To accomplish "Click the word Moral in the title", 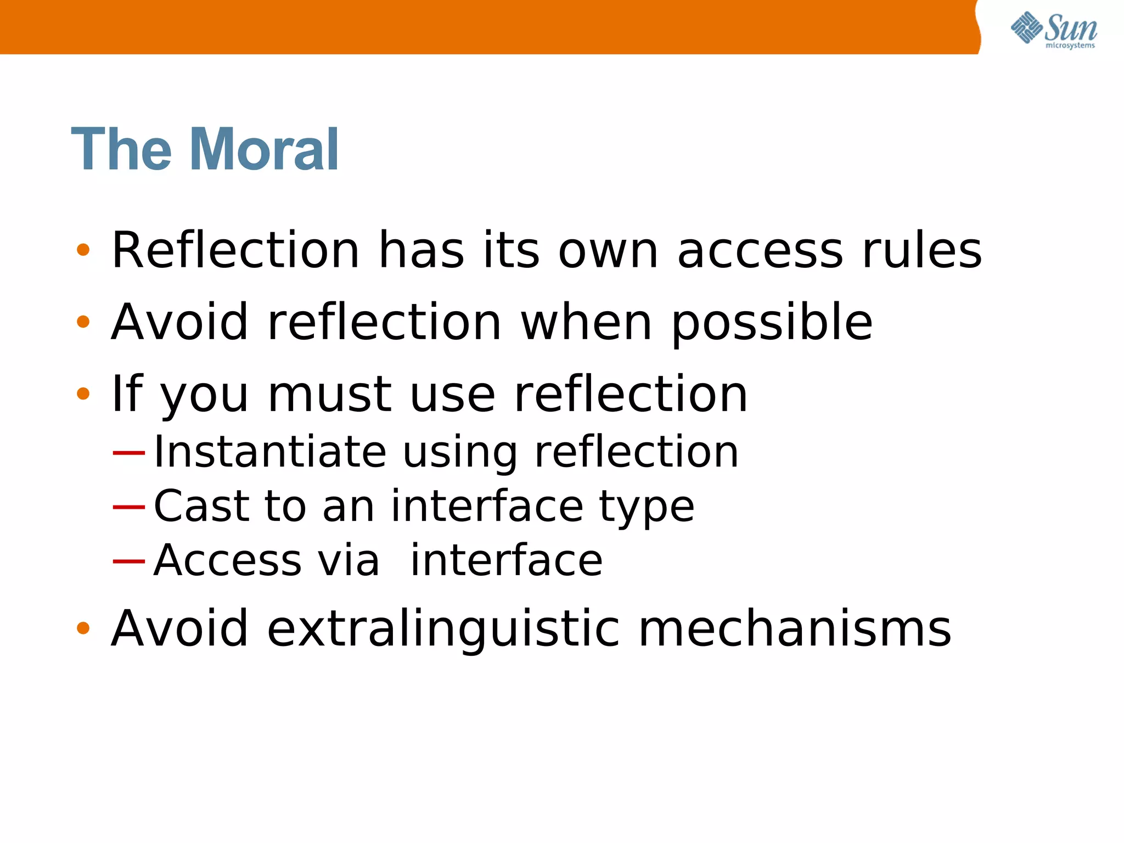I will click(265, 149).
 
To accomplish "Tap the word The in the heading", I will click(121, 149).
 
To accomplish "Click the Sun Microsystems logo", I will click(1053, 30).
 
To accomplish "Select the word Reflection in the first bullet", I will click(235, 250).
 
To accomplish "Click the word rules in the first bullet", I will click(921, 250).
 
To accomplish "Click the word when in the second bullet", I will click(586, 323).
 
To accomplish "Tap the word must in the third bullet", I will click(329, 394).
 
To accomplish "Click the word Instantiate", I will click(270, 452).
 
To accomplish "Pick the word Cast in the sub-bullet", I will click(201, 505).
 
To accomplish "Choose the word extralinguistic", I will click(443, 629).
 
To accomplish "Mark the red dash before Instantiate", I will click(128, 453).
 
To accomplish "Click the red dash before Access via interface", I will click(128, 561).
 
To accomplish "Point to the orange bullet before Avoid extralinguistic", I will click(83, 628).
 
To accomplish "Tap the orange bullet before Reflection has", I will click(83, 250).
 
